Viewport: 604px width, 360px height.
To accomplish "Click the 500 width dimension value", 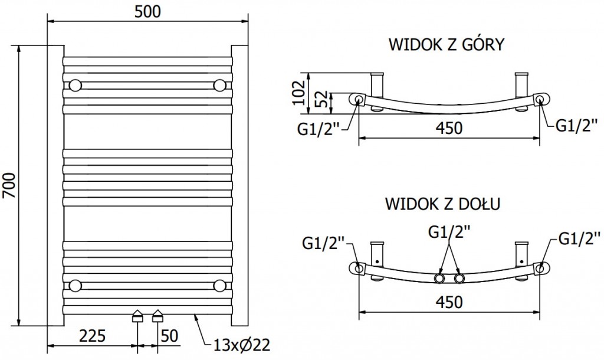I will (147, 11).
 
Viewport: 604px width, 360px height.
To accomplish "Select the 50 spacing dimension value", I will (169, 336).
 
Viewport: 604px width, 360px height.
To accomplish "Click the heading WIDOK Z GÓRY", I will (445, 45).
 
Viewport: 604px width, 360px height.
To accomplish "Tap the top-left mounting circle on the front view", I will (75, 85).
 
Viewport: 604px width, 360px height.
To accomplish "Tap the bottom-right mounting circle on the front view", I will (220, 286).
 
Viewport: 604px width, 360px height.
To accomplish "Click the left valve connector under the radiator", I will (137, 316).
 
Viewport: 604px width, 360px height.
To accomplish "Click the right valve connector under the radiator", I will (157, 316).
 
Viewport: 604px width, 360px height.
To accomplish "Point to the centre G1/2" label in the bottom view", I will (449, 234).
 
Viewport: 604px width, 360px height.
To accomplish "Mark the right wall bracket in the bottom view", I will (522, 254).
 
